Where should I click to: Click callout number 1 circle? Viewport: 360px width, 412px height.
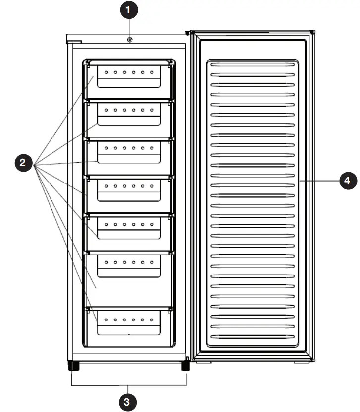(130, 9)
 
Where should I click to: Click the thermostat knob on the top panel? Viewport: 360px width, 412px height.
(130, 40)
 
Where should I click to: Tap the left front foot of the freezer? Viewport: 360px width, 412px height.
(73, 366)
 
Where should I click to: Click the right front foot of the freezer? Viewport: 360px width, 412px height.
(185, 366)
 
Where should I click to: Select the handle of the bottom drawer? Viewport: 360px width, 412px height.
(129, 329)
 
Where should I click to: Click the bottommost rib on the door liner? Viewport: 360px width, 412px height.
(253, 337)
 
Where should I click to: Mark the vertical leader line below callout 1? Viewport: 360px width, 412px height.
(130, 26)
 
